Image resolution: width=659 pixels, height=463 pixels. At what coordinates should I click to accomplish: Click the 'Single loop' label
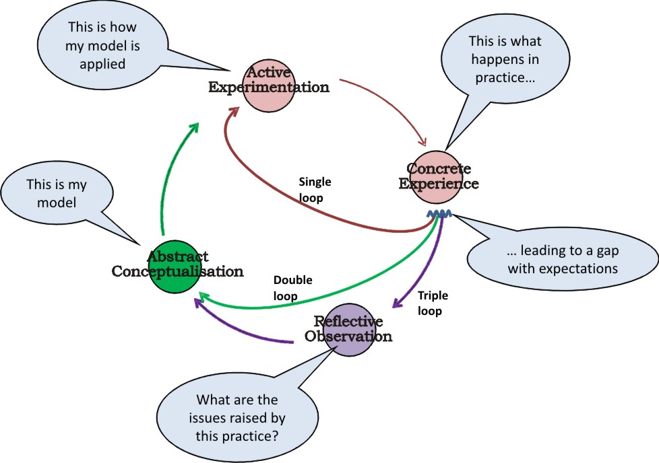[x=315, y=190]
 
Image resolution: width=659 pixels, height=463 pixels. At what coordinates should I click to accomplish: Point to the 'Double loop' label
[x=292, y=288]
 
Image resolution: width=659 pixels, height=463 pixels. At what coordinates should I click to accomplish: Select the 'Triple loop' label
[x=433, y=303]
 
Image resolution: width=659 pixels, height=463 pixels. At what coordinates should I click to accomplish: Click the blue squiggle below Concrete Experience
[x=441, y=215]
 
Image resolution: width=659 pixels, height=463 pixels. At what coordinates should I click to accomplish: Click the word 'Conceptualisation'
[x=177, y=272]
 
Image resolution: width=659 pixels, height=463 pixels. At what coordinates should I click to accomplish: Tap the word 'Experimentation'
[x=268, y=87]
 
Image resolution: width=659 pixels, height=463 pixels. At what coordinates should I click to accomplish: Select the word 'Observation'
[x=348, y=336]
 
